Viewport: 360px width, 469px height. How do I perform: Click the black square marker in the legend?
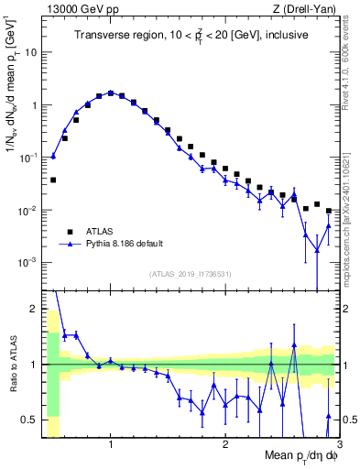coord(71,231)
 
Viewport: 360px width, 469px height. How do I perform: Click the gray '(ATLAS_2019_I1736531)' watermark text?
coord(189,274)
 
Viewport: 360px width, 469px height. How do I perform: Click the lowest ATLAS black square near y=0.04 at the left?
coord(53,180)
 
